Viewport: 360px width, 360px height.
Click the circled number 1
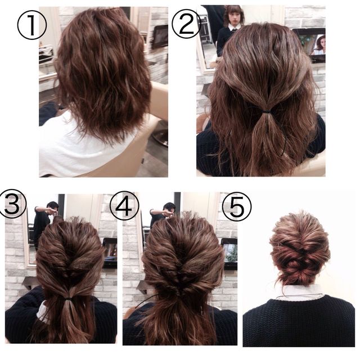(32, 25)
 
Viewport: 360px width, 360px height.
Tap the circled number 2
(186, 24)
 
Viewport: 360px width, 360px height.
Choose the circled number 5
(237, 206)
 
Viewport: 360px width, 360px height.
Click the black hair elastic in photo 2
(266, 112)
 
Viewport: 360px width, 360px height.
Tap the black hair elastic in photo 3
(69, 299)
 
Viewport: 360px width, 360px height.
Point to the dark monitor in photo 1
(160, 37)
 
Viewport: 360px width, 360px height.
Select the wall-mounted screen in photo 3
(110, 253)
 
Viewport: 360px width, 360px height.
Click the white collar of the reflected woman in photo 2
(234, 26)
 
